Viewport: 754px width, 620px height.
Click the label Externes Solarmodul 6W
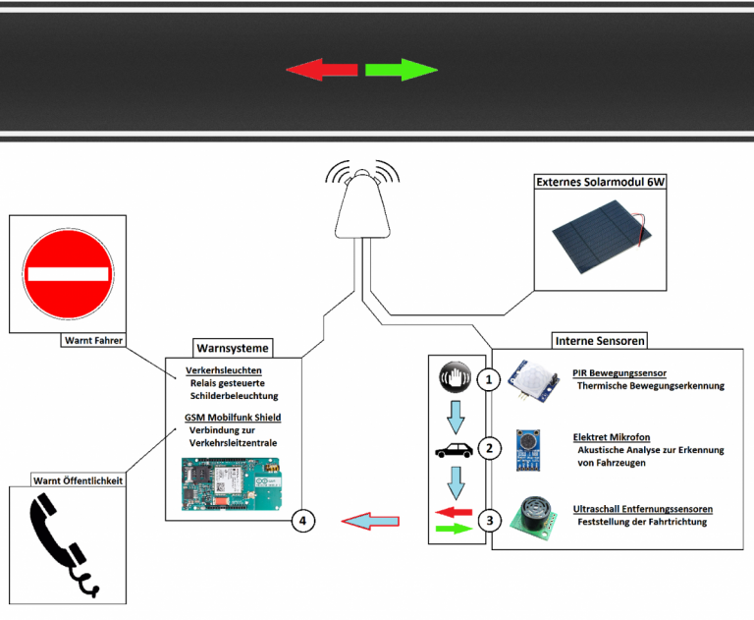[x=599, y=183]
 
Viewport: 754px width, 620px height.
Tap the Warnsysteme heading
[x=233, y=347]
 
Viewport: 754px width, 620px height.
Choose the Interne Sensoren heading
[x=600, y=340]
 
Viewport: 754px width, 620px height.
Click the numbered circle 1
[x=488, y=379]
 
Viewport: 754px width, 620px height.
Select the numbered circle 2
[x=488, y=449]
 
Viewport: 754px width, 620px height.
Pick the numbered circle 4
[x=304, y=521]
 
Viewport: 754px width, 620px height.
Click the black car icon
[x=453, y=452]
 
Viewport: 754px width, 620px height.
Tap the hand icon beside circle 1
[x=453, y=376]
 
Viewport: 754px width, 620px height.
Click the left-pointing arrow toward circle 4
[x=369, y=521]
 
